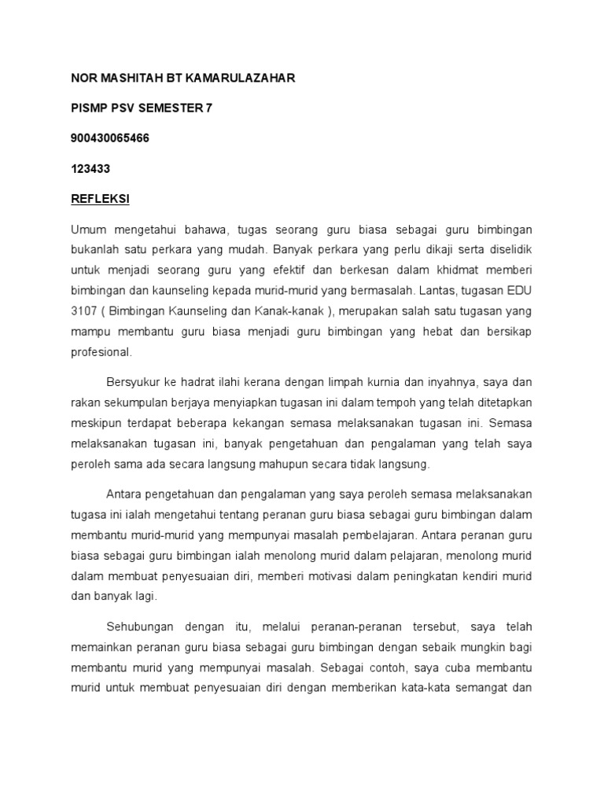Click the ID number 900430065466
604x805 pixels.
(110, 138)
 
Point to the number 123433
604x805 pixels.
(90, 168)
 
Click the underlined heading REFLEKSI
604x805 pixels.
(100, 199)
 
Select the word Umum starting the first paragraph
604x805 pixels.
(87, 230)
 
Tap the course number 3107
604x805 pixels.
(85, 311)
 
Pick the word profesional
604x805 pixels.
(102, 352)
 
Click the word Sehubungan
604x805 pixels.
(138, 627)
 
